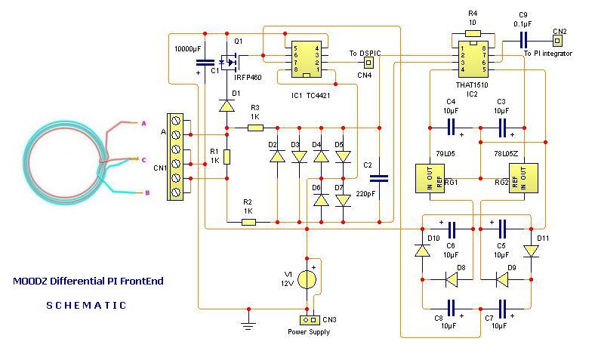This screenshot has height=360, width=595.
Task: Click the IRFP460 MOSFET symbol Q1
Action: tap(229, 62)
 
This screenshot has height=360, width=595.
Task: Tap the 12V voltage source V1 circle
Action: tap(307, 280)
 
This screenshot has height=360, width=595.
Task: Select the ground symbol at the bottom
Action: tap(248, 324)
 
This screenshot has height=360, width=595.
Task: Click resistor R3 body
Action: tap(255, 128)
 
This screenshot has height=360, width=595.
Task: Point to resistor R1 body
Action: tap(227, 157)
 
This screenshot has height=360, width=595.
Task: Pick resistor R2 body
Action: tap(248, 222)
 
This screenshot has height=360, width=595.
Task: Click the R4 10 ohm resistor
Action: tap(473, 33)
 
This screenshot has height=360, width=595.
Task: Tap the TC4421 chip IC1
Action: tap(307, 59)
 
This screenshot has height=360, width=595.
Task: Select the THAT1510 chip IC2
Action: tap(473, 59)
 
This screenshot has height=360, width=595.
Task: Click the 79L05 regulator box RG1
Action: tap(430, 178)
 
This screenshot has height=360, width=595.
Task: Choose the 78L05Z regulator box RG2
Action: tap(523, 178)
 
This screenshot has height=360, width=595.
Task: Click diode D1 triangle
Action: tap(227, 106)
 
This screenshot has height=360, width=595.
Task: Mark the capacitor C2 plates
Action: tap(379, 178)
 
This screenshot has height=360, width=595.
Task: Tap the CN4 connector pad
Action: tap(368, 62)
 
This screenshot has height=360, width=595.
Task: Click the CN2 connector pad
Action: tap(557, 40)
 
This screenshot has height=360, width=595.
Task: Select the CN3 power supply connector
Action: tap(310, 320)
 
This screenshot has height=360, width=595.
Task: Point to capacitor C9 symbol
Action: tap(523, 40)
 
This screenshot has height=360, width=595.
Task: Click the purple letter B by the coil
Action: tap(147, 192)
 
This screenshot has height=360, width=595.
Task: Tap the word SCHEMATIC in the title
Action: tap(86, 305)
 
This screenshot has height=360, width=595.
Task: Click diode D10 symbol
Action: tap(422, 251)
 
